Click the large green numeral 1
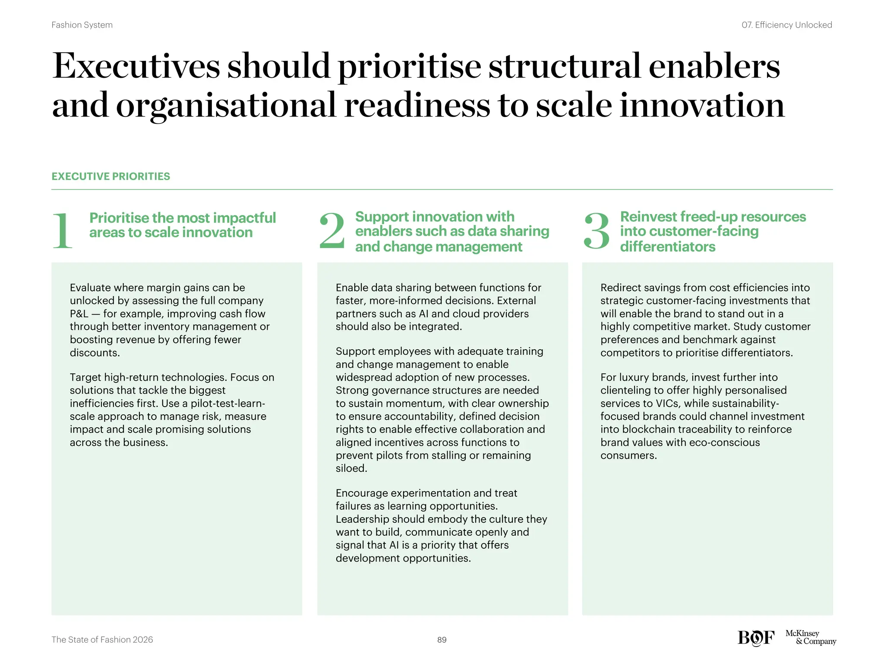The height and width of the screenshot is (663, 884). (63, 231)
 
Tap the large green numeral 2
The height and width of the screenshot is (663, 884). (331, 231)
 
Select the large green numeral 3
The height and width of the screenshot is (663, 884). (596, 231)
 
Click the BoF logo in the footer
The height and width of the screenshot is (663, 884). (756, 638)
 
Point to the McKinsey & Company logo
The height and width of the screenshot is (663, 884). (810, 637)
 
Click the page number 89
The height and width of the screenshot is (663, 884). (442, 640)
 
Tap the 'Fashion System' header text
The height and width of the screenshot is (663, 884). (82, 25)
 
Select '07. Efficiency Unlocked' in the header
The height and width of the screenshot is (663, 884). (786, 25)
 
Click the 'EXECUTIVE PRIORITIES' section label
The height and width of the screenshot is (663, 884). (110, 176)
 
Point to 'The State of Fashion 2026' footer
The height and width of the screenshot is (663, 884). (102, 640)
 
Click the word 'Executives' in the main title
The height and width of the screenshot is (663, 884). (136, 66)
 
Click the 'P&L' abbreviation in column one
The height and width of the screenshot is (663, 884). (79, 314)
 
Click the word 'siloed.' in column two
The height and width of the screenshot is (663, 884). (351, 468)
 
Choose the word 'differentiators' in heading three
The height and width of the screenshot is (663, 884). (667, 246)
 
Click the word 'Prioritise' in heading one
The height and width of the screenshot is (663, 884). (119, 218)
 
